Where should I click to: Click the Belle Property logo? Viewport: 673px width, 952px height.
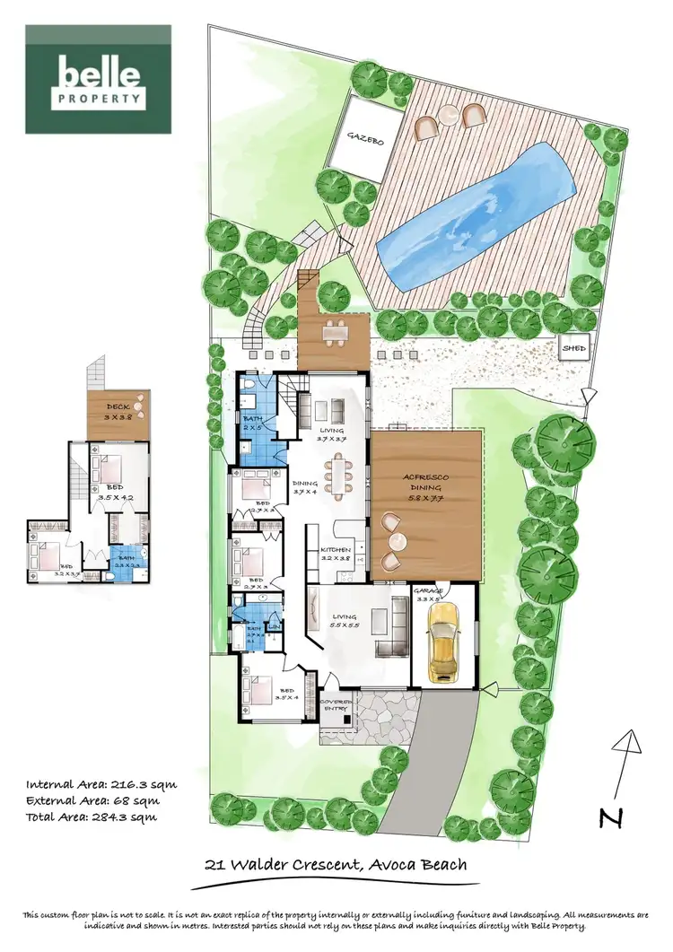coord(98,80)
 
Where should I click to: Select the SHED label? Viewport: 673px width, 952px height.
coord(572,348)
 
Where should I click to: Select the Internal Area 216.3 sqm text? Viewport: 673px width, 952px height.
coord(101,783)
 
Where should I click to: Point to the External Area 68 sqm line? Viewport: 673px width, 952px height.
coord(92,800)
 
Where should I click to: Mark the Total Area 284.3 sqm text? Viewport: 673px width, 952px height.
coord(92,817)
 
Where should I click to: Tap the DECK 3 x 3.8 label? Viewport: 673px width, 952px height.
coord(117,412)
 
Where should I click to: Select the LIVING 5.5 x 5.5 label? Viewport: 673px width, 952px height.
coord(345,621)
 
